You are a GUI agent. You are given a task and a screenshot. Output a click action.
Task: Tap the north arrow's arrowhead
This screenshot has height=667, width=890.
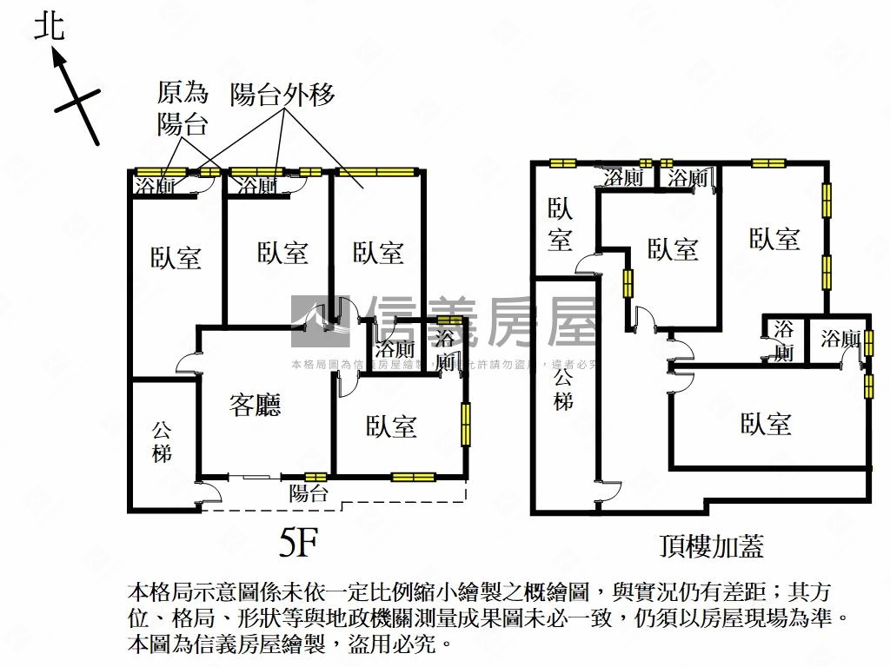tap(59, 58)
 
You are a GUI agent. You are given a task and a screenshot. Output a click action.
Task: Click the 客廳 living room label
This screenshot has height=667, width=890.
tap(256, 405)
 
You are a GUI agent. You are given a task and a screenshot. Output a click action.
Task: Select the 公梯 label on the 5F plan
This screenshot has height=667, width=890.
tap(162, 441)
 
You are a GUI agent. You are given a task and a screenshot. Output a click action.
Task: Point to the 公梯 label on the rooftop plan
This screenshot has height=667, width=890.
tap(563, 388)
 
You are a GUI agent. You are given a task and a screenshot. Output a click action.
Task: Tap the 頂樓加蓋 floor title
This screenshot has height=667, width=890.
tap(711, 546)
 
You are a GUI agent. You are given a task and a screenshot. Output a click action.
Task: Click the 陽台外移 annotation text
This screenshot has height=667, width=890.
tap(282, 95)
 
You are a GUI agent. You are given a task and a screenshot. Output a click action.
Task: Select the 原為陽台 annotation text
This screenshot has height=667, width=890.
tap(183, 108)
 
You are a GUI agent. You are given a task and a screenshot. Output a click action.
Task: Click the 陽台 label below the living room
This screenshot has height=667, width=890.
tap(309, 494)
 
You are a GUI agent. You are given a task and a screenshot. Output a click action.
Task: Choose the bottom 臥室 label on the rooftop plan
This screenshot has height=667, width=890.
tap(766, 424)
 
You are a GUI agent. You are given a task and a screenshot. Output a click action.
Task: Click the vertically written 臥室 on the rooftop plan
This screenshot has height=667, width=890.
tap(561, 224)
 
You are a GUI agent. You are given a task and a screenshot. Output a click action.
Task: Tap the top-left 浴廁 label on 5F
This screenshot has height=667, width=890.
tap(156, 186)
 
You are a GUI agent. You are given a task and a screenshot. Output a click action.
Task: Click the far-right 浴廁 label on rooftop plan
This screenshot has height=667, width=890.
tap(840, 339)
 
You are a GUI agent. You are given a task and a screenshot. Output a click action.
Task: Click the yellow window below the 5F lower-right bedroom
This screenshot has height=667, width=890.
tap(413, 476)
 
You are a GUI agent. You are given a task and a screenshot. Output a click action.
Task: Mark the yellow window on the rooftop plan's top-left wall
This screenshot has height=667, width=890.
tap(562, 162)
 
